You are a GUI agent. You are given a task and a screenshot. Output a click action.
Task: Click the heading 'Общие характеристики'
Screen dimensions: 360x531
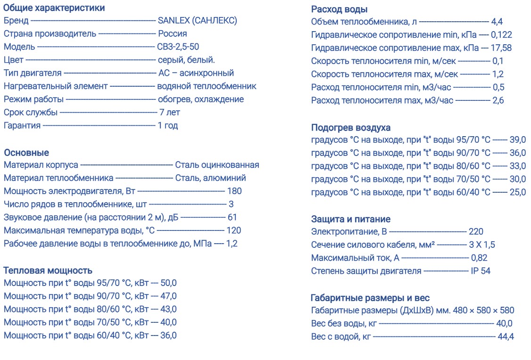(x=54, y=8)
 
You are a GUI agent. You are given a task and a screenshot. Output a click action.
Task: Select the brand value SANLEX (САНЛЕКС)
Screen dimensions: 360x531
(x=197, y=21)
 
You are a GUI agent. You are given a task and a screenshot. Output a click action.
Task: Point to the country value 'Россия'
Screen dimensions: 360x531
(x=172, y=34)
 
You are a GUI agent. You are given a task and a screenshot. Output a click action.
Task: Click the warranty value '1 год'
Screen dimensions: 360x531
(x=167, y=126)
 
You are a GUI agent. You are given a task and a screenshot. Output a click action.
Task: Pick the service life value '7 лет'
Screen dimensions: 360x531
(x=169, y=113)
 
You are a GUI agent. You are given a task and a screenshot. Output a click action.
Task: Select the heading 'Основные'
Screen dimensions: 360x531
(x=26, y=153)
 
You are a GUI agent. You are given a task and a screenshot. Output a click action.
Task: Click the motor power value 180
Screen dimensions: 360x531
(x=234, y=191)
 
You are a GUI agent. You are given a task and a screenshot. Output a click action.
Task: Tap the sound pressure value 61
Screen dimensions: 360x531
(x=232, y=217)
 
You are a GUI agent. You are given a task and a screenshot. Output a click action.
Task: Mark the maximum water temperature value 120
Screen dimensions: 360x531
(x=234, y=230)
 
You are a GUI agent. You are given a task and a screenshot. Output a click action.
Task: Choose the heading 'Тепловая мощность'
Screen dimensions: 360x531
(x=48, y=270)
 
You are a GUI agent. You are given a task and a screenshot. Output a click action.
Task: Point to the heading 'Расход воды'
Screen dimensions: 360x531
(x=340, y=9)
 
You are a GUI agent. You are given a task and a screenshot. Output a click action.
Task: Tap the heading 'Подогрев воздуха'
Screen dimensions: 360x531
(x=351, y=128)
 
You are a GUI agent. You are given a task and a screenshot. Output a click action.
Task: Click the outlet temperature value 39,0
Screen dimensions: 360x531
(x=517, y=140)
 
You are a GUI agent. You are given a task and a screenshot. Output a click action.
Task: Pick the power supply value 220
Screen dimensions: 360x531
(x=476, y=232)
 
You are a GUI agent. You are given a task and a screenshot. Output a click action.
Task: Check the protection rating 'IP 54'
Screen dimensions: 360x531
(x=481, y=271)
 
